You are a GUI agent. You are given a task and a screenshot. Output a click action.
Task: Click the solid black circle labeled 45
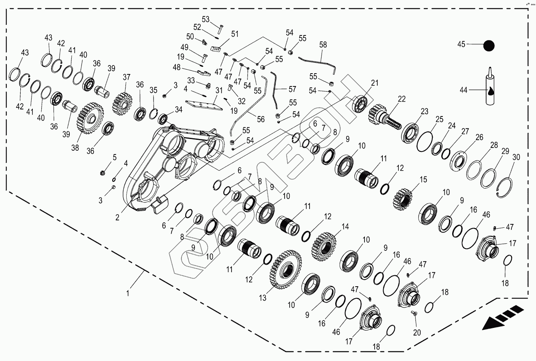(x=489, y=46)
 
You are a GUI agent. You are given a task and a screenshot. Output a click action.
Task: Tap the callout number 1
(x=128, y=293)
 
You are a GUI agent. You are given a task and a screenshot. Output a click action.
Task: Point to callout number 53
(x=205, y=19)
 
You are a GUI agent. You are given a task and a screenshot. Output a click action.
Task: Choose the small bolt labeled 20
(x=414, y=313)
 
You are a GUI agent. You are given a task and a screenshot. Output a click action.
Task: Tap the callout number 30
(x=517, y=157)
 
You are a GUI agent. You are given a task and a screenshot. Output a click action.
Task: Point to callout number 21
(x=375, y=83)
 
